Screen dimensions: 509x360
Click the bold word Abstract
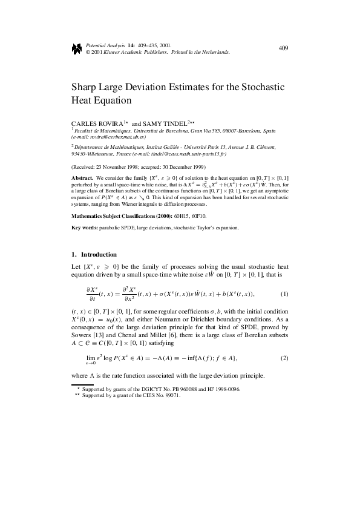(x=83, y=177)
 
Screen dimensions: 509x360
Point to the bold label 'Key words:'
(x=84, y=228)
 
